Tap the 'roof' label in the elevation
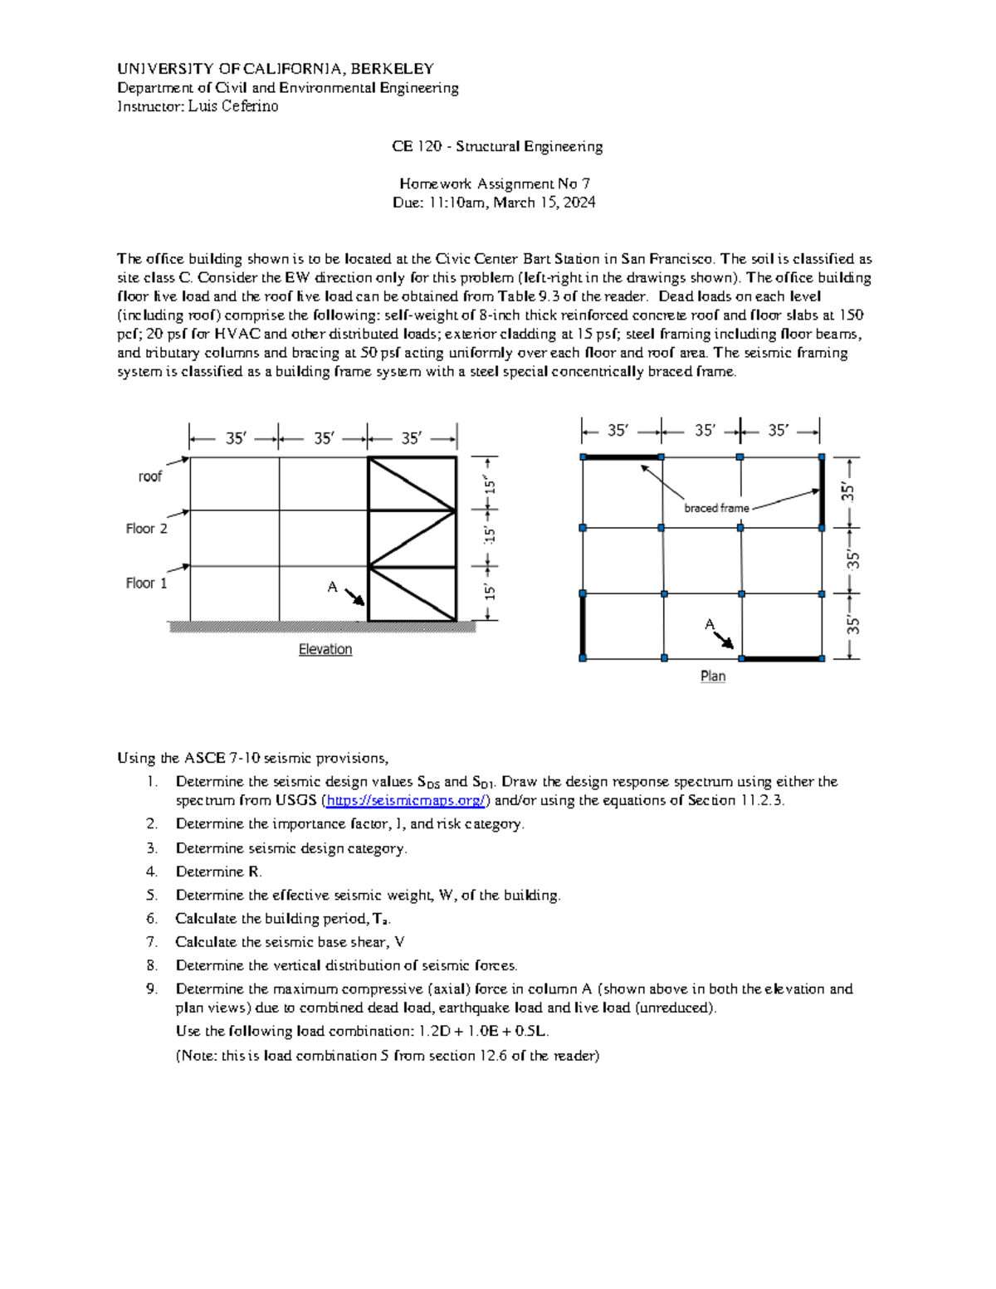click(x=150, y=476)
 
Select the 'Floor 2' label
click(x=147, y=529)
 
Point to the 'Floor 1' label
click(x=147, y=583)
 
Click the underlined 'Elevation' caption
click(x=325, y=650)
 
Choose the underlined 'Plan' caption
click(x=713, y=676)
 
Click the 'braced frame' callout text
click(x=716, y=508)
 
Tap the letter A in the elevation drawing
click(x=332, y=588)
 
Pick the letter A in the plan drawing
click(x=710, y=624)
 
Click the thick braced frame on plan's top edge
click(x=622, y=457)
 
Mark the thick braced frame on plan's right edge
click(x=822, y=492)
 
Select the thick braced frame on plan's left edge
click(x=583, y=626)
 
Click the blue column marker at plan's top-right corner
click(x=822, y=457)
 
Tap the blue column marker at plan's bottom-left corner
click(x=583, y=658)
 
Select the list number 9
click(x=153, y=989)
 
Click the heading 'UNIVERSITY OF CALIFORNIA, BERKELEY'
click(x=276, y=69)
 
